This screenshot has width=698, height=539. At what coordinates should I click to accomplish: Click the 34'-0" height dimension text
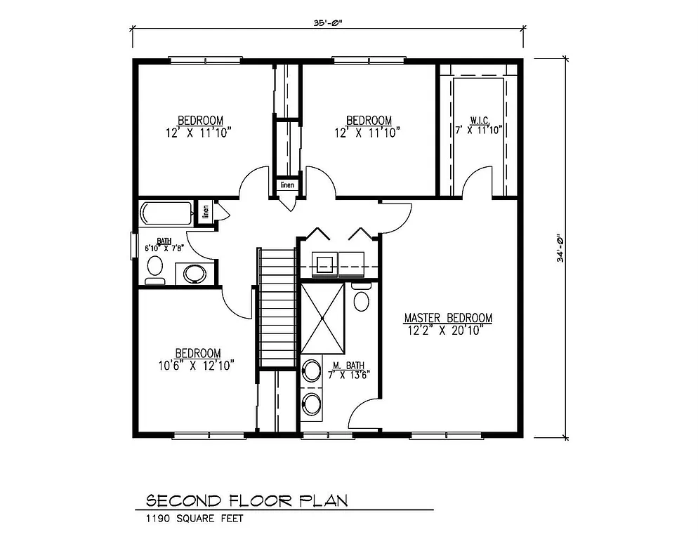560,248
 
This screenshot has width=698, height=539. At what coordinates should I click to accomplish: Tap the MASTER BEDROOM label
448,318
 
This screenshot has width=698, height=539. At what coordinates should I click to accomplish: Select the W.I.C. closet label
480,120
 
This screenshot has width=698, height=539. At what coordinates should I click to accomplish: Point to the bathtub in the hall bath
166,212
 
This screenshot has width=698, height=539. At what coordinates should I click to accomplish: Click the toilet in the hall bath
155,269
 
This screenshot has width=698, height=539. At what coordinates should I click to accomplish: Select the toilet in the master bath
362,298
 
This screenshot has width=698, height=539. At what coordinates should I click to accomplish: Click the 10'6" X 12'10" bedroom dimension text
197,364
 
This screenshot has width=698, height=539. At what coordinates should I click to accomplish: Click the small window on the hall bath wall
134,246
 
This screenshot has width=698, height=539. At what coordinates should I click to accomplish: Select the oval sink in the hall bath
195,273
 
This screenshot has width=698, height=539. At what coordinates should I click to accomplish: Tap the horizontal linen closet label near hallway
287,185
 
